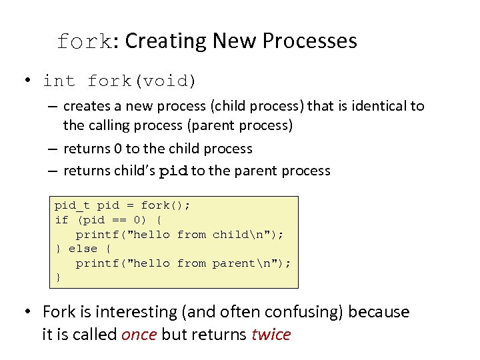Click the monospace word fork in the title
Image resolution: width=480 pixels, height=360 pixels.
tap(84, 41)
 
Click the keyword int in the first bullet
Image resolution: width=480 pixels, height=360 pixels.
tap(59, 81)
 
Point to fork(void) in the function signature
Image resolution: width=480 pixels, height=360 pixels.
tap(142, 81)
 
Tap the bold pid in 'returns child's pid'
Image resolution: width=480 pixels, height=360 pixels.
tap(174, 171)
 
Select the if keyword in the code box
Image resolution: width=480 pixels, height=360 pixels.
tap(61, 220)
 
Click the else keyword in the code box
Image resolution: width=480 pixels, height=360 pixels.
tap(83, 249)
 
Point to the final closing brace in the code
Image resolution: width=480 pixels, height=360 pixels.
tap(58, 277)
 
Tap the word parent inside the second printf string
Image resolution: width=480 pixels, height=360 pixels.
tap(233, 263)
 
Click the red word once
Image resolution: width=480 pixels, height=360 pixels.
tap(139, 335)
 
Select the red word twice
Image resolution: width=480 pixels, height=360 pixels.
tap(271, 335)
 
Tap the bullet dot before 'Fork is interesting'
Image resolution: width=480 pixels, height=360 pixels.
tap(28, 312)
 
